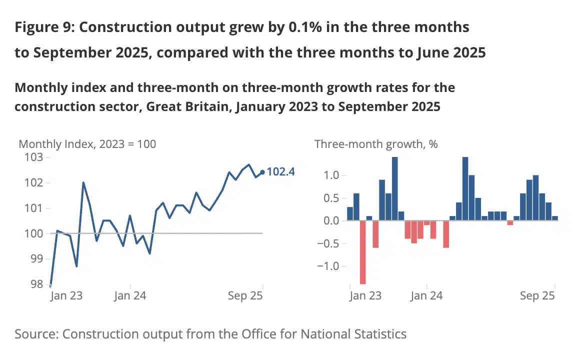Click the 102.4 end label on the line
point(281,172)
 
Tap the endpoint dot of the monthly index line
point(263,172)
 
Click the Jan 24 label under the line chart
point(130,296)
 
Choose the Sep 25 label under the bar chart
point(537,296)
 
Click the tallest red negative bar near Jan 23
point(363,252)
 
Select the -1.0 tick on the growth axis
point(327,266)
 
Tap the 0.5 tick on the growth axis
point(331,198)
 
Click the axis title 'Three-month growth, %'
point(376,144)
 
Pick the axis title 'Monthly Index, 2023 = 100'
point(87,144)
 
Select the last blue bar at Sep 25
point(555,218)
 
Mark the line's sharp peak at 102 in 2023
point(83,182)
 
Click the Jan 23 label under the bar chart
point(365,296)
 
